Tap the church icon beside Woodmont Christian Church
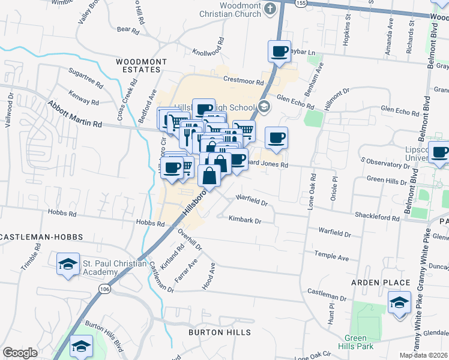270,9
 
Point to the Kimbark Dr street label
245,220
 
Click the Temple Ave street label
331,257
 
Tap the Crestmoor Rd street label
243,81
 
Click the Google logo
20,353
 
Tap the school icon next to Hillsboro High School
265,106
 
